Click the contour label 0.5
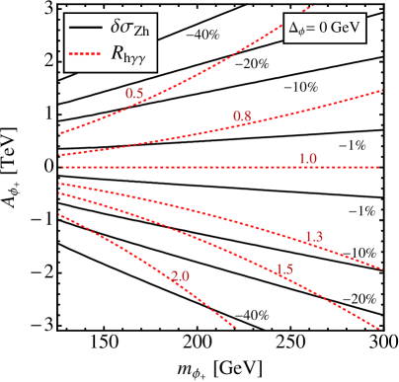(135, 94)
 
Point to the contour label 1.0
(308, 159)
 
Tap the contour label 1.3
(315, 235)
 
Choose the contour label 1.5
(284, 269)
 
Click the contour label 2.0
(180, 277)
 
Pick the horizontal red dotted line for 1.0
(198, 168)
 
